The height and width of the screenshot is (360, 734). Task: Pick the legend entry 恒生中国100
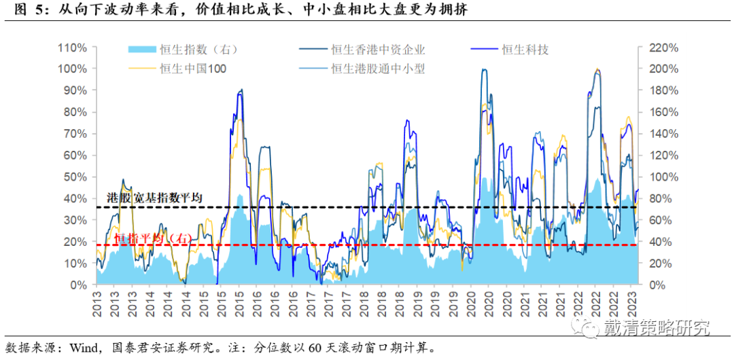coord(193,68)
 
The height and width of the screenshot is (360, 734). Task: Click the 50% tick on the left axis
coord(75,177)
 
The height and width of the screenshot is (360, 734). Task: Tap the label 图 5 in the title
coord(20,10)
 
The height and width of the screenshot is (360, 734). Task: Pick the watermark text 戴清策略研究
coord(657,328)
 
